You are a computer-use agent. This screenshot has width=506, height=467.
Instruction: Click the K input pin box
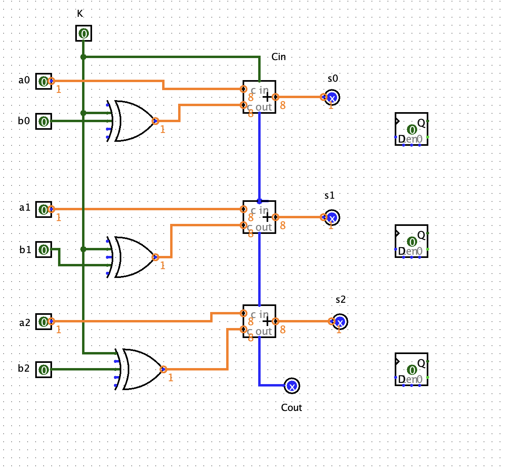pyautogui.click(x=84, y=33)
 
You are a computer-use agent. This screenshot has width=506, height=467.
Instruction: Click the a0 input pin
pyautogui.click(x=44, y=81)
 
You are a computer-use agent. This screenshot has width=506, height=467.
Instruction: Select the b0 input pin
pyautogui.click(x=44, y=121)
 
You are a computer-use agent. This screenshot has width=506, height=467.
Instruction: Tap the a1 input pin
pyautogui.click(x=44, y=209)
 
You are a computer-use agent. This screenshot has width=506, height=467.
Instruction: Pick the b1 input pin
pyautogui.click(x=44, y=250)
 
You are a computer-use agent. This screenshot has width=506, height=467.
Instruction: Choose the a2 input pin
pyautogui.click(x=44, y=322)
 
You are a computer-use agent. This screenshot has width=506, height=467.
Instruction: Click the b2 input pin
pyautogui.click(x=44, y=370)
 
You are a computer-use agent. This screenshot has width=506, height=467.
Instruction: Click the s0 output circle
pyautogui.click(x=332, y=97)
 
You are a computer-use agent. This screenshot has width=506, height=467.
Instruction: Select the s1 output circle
pyautogui.click(x=332, y=217)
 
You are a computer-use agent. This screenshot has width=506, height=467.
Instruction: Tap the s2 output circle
pyautogui.click(x=340, y=322)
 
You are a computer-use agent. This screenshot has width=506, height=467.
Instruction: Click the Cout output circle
pyautogui.click(x=292, y=386)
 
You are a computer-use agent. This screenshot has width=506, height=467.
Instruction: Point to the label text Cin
pyautogui.click(x=279, y=57)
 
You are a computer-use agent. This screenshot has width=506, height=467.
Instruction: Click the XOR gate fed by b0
pyautogui.click(x=132, y=121)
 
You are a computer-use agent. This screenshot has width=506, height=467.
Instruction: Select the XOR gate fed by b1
pyautogui.click(x=132, y=257)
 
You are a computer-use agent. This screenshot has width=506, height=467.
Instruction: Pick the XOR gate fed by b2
pyautogui.click(x=140, y=369)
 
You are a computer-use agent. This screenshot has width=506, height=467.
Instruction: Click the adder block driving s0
pyautogui.click(x=259, y=97)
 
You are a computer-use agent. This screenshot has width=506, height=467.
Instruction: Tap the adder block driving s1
pyautogui.click(x=259, y=217)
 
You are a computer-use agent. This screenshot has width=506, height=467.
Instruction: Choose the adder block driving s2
pyautogui.click(x=259, y=321)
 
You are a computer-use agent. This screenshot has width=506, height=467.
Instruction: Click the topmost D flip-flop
pyautogui.click(x=412, y=129)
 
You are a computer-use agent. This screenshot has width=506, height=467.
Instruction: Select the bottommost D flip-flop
pyautogui.click(x=412, y=369)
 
